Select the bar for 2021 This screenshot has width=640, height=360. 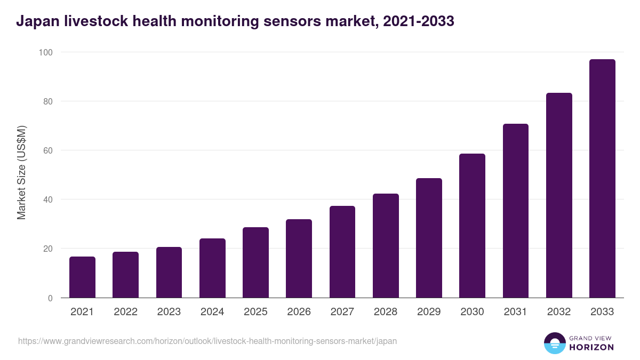point(82,277)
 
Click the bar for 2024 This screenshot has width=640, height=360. point(212,268)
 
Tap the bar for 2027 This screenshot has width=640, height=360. point(342,252)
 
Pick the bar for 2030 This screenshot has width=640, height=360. point(472,226)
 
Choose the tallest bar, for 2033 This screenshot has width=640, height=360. point(602,179)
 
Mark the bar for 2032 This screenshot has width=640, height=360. point(559,195)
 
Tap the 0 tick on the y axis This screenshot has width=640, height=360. point(50,298)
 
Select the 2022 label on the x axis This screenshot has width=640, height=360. point(125,312)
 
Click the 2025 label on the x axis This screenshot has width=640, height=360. point(255,312)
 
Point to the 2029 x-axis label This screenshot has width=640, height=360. point(429,312)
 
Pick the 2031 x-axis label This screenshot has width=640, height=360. point(516,312)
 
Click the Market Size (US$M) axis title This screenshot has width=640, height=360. point(21,173)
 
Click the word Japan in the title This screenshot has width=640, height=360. point(35,21)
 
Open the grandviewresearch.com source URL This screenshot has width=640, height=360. point(207,341)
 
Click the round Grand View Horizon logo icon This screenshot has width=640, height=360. point(554,343)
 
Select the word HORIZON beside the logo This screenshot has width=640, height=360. point(591,347)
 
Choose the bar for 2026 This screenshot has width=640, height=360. point(299,259)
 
